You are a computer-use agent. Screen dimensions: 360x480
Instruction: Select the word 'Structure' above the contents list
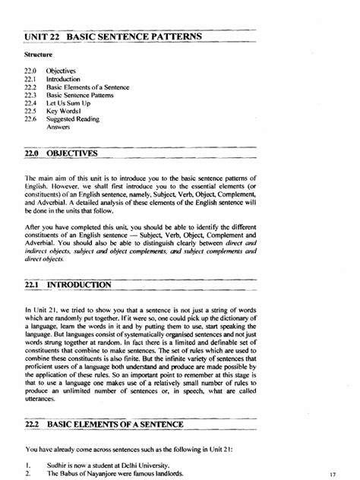[37, 55]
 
